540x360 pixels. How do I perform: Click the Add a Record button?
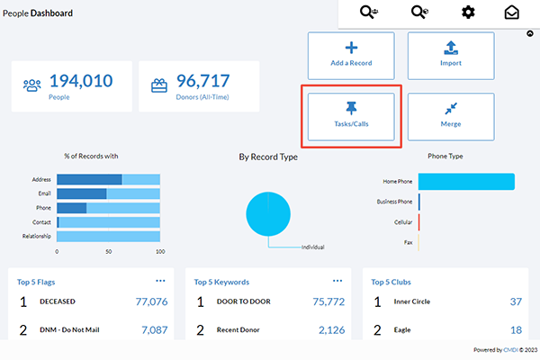pyautogui.click(x=351, y=56)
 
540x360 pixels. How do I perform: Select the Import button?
pyautogui.click(x=451, y=56)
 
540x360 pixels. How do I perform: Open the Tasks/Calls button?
pyautogui.click(x=351, y=116)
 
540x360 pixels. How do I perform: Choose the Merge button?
pyautogui.click(x=451, y=116)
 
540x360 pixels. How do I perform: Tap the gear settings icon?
pyautogui.click(x=468, y=13)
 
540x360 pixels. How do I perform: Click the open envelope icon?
pyautogui.click(x=512, y=13)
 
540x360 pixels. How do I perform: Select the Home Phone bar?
pyautogui.click(x=466, y=182)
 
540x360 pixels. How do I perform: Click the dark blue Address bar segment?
pyautogui.click(x=89, y=179)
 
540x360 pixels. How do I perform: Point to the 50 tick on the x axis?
pyautogui.click(x=109, y=252)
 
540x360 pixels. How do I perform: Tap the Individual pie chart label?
pyautogui.click(x=312, y=247)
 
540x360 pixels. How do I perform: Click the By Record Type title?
pyautogui.click(x=268, y=157)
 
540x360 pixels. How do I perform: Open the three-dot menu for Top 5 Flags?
pyautogui.click(x=160, y=281)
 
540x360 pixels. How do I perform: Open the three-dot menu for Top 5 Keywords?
pyautogui.click(x=337, y=281)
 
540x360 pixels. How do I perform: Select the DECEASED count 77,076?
pyautogui.click(x=151, y=301)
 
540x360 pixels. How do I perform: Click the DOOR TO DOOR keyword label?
pyautogui.click(x=244, y=301)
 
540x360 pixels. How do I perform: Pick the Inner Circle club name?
pyautogui.click(x=412, y=301)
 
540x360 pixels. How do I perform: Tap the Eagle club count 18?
pyautogui.click(x=516, y=330)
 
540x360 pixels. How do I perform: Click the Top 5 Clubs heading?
pyautogui.click(x=391, y=282)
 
